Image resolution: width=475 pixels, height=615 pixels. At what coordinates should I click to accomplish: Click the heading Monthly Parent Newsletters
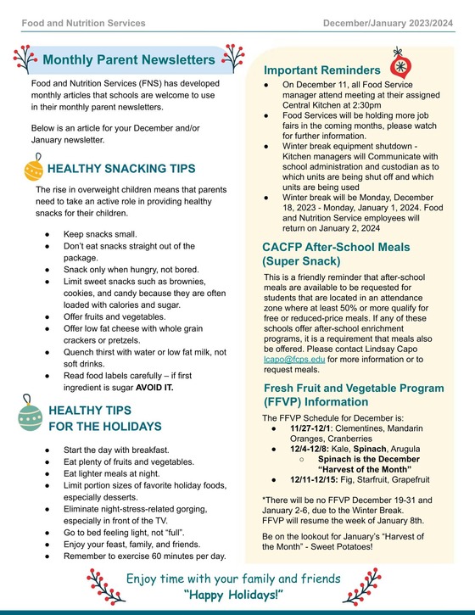128,60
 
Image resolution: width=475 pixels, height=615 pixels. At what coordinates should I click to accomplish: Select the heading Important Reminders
321,70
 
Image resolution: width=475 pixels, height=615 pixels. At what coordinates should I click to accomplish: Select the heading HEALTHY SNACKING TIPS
121,169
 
